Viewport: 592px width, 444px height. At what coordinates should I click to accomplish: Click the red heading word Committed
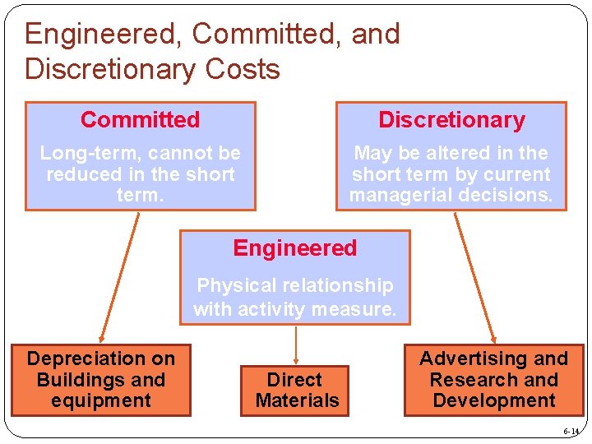tap(140, 120)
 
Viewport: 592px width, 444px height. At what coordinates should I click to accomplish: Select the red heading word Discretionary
tap(451, 120)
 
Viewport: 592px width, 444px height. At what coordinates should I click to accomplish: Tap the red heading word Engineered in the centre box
tap(295, 248)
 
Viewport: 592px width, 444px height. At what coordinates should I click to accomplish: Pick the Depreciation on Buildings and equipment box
tap(101, 380)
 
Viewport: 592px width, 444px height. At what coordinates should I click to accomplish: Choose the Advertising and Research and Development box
tap(493, 380)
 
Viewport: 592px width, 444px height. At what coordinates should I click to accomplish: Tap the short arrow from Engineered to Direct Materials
tap(295, 344)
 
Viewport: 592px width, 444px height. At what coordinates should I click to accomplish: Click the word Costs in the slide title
tap(238, 69)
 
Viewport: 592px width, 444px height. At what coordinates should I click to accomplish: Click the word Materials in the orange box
tap(297, 401)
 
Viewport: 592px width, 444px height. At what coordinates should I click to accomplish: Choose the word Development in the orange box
tap(493, 401)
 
